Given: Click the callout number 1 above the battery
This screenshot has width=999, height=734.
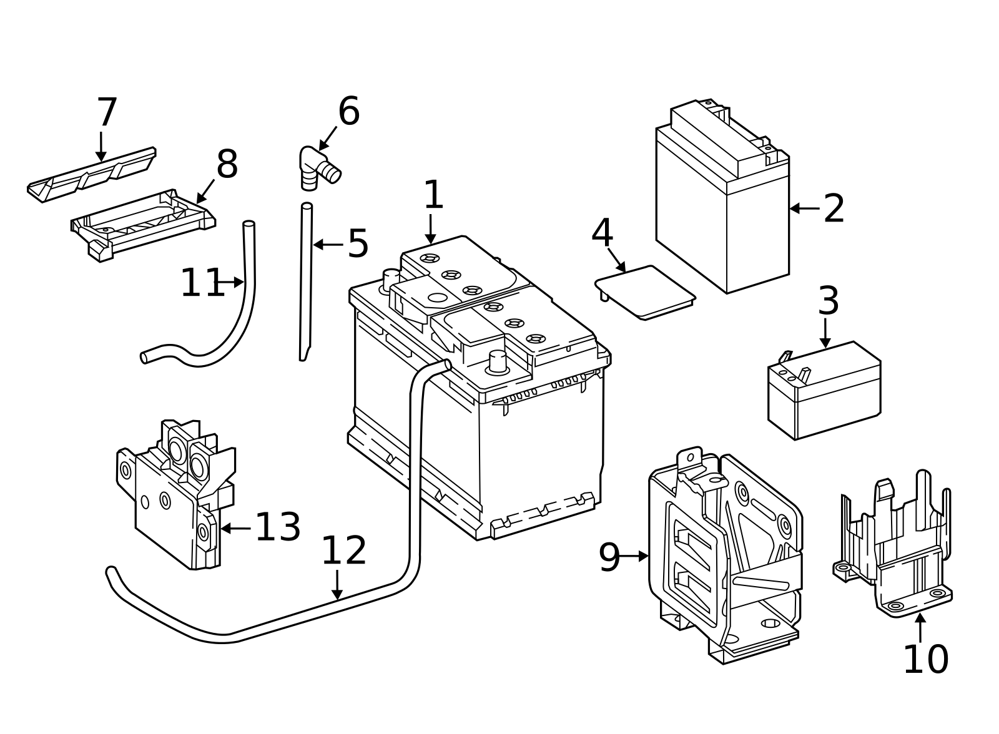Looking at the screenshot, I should tap(433, 195).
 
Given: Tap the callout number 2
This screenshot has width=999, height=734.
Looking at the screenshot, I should tap(834, 209).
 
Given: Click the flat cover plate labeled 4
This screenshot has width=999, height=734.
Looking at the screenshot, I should tap(646, 292).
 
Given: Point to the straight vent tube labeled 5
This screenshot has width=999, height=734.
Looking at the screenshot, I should tap(306, 281).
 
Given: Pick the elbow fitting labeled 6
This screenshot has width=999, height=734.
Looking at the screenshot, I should tap(317, 167).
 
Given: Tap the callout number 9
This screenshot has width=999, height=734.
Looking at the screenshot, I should tap(609, 557).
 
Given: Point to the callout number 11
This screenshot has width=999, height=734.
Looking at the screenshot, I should tap(202, 283).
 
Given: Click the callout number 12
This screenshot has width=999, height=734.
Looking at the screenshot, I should tap(344, 551).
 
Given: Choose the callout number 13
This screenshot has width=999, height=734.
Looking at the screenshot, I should tap(278, 527).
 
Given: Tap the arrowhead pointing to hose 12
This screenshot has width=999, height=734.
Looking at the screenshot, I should tap(337, 594).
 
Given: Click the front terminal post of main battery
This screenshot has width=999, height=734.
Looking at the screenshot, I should tap(498, 361).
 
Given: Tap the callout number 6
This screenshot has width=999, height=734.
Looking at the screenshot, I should tap(349, 112).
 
